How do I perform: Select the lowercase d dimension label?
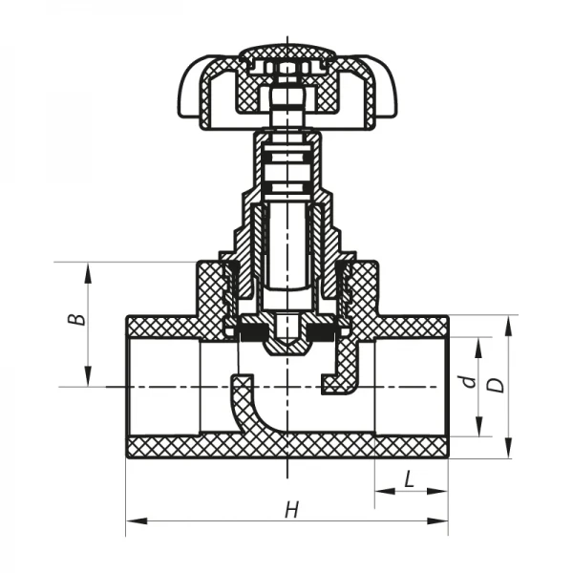(x=467, y=382)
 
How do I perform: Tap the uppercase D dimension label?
(x=495, y=385)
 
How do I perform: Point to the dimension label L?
(x=410, y=479)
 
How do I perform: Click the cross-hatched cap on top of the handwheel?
(x=286, y=52)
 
